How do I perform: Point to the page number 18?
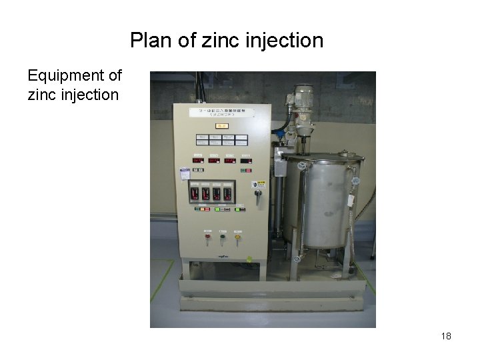tap(446, 336)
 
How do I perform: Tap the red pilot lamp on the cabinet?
tap(207, 235)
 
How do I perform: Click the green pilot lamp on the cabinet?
tap(223, 235)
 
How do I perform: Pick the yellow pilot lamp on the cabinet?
tap(237, 235)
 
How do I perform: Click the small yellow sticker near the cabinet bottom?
tap(249, 259)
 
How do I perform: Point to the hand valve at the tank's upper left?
tap(302, 165)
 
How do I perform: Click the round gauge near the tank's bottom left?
tap(297, 258)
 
